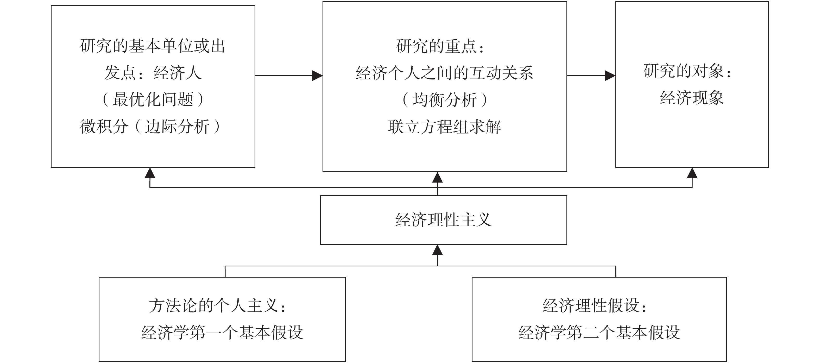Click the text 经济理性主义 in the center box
443,220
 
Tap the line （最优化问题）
153,99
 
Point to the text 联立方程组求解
444,127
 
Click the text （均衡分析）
444,100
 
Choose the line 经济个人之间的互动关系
444,73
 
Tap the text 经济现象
692,98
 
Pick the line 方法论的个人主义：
218,306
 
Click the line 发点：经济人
153,73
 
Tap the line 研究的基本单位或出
153,46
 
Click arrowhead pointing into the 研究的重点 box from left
317,76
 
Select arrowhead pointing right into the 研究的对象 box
610,76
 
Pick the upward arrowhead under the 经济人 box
150,173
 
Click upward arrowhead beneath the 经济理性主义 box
437,250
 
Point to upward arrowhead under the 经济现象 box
692,173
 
